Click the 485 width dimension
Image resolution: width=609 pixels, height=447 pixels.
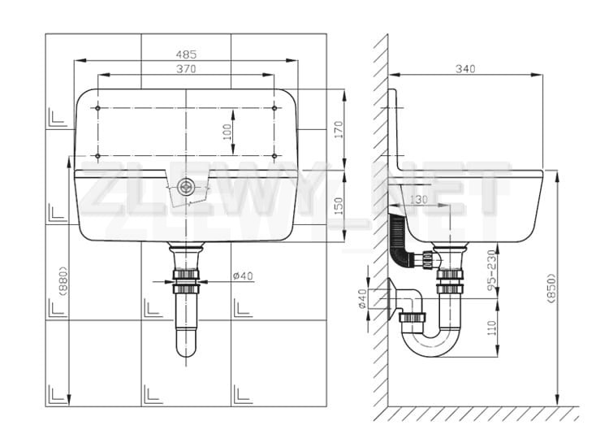tap(186, 54)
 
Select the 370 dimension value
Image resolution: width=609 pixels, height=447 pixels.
tap(186, 69)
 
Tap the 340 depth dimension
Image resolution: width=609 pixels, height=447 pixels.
tap(465, 69)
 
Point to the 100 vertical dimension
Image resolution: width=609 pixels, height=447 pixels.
tap(227, 132)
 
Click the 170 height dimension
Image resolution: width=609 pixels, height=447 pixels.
tap(339, 130)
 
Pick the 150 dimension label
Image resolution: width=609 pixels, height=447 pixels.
tap(339, 206)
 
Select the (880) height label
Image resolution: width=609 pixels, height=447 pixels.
tap(63, 281)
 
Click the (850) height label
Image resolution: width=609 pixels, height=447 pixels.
tap(551, 288)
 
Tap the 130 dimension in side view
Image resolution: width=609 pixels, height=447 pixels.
tap(418, 200)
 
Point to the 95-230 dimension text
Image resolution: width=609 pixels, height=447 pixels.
tap(492, 271)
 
